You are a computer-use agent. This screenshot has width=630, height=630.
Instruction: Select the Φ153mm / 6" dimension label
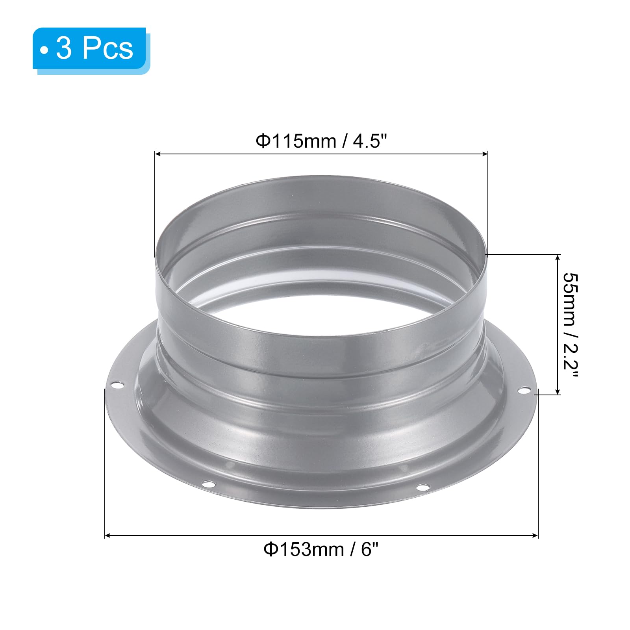click(321, 549)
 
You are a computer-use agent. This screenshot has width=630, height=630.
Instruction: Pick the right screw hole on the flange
click(524, 391)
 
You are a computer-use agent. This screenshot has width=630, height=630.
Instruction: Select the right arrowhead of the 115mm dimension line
click(485, 154)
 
